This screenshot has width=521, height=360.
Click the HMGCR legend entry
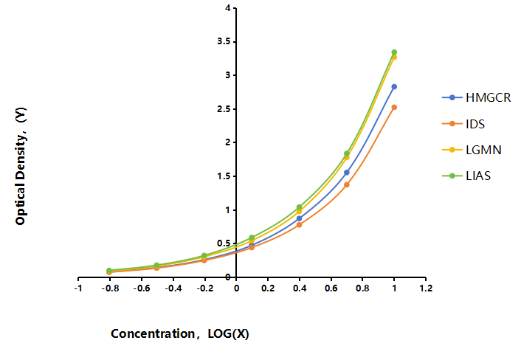477,97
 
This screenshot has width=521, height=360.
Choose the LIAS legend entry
466,176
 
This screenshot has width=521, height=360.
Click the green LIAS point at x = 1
394,52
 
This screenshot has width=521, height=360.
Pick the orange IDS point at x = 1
394,107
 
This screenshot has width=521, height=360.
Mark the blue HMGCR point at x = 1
394,86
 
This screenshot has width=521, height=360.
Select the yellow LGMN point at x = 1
394,57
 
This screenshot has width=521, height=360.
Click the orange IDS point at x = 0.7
347,184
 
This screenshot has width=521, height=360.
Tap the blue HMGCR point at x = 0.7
347,173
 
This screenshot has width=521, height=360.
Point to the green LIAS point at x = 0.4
299,207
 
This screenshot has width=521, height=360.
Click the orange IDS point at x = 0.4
299,225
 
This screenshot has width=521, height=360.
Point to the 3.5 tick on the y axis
235,42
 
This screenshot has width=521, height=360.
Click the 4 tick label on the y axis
228,8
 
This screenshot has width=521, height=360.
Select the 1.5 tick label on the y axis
224,176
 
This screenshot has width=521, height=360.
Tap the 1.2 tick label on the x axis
426,288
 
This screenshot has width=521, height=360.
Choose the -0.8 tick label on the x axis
110,288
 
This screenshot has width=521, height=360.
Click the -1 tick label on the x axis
78,288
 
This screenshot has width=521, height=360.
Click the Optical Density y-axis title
21,166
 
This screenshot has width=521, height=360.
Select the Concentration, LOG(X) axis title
180,333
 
